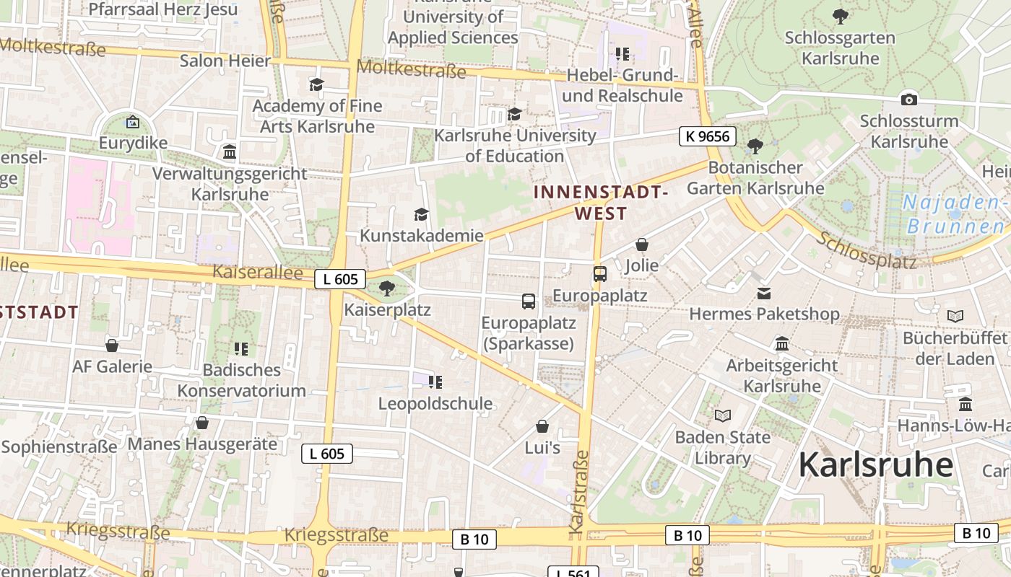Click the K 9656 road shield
pos(707,136)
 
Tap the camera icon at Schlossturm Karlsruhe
pos(908,100)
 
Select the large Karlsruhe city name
pos(875,464)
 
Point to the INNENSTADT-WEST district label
pos(601,203)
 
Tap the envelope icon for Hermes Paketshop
pos(764,293)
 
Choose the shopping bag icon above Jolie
pos(641,245)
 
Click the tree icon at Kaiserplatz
pos(387,288)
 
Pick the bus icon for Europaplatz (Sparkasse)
pos(529,301)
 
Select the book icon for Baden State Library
pos(722,415)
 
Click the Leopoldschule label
pos(435,404)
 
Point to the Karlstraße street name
pos(578,493)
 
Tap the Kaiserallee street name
pos(258,273)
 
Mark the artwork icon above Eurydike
pos(132,122)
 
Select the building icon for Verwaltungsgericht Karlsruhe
pos(230,152)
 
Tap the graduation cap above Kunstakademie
pos(421,214)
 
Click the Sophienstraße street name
pos(59,446)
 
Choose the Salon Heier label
pos(225,61)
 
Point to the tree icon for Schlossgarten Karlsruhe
pos(840,16)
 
